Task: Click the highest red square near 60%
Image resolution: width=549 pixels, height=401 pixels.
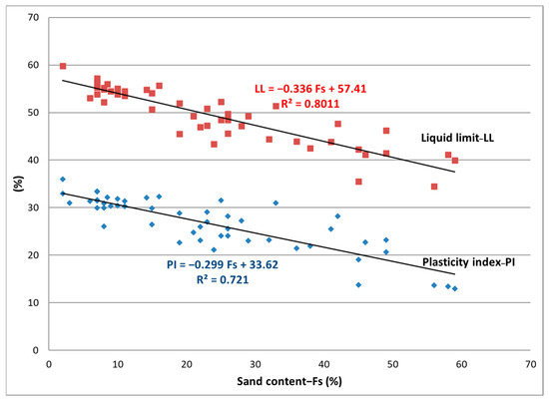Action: (x=63, y=66)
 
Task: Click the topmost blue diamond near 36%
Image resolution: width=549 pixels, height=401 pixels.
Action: (x=63, y=180)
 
